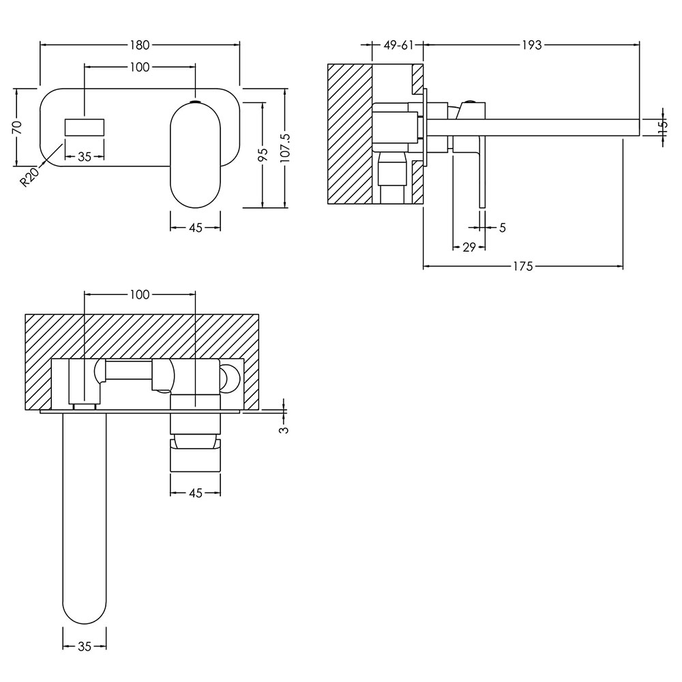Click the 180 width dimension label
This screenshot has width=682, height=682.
tap(140, 45)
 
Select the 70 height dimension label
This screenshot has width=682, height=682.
tap(16, 128)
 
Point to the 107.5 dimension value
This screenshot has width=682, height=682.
tap(285, 148)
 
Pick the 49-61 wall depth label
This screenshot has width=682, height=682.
tap(398, 45)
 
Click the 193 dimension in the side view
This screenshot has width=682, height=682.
tap(531, 45)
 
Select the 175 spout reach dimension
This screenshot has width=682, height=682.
tap(523, 266)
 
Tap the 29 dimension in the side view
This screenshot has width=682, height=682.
tap(469, 248)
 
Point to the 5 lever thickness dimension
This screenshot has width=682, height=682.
tap(503, 228)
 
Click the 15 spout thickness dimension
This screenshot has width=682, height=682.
tap(663, 127)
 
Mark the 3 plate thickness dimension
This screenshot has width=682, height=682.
tap(284, 429)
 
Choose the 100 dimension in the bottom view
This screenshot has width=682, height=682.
tap(140, 295)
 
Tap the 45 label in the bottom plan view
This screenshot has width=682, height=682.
tap(196, 493)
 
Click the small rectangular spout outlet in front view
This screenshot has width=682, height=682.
tap(85, 127)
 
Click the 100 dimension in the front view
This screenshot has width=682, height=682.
tap(140, 67)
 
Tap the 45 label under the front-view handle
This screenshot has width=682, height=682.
tap(196, 228)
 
